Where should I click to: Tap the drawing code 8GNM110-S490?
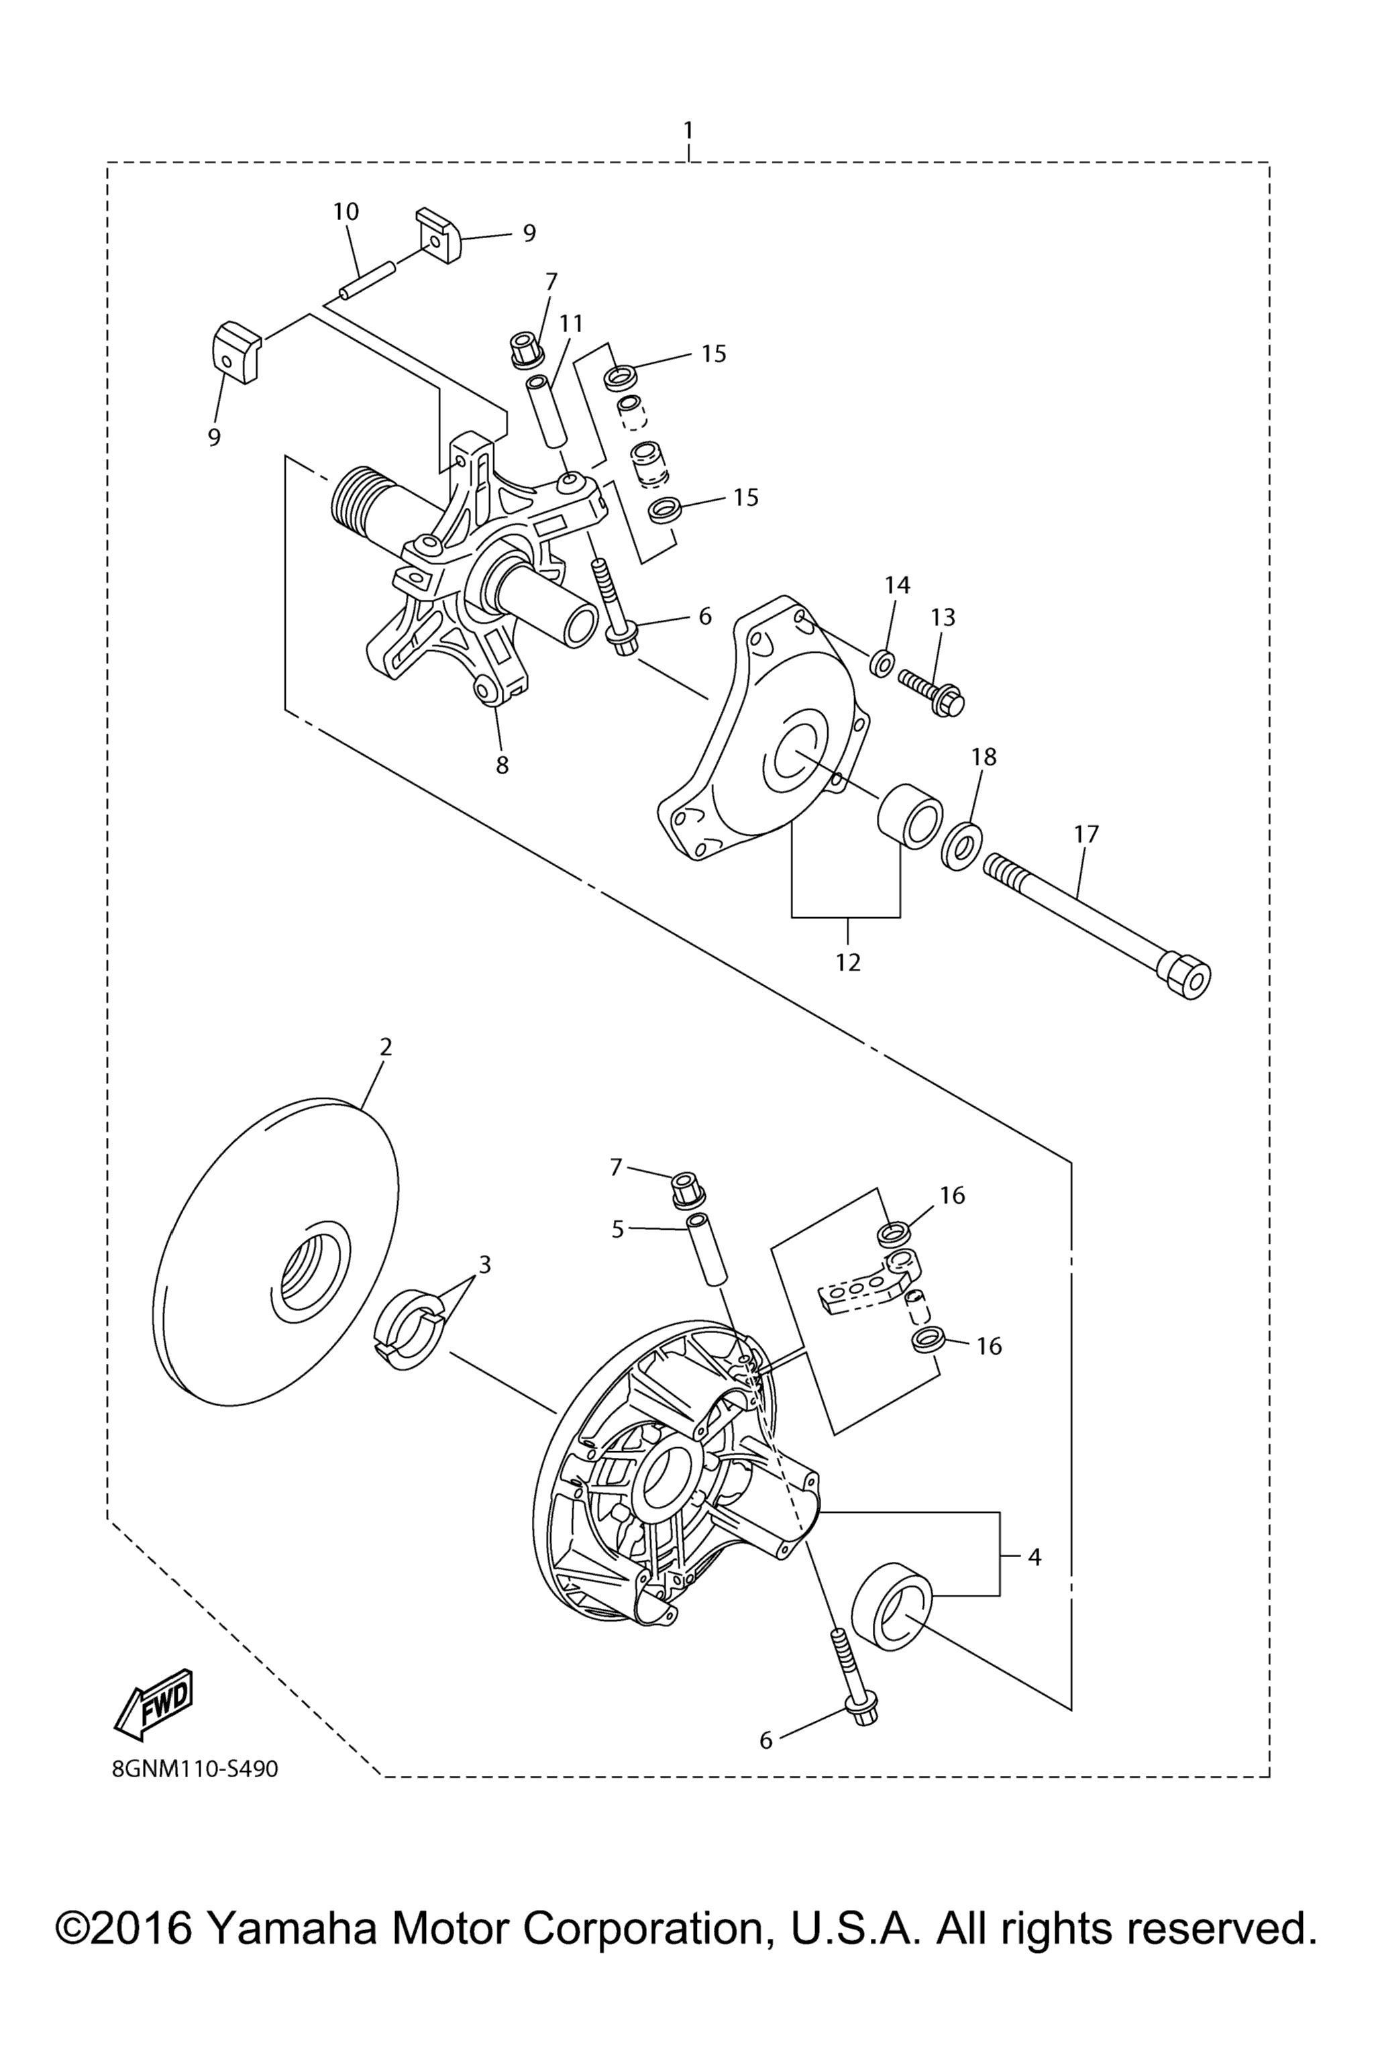[195, 1769]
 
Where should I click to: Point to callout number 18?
[984, 756]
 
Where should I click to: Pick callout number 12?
[848, 962]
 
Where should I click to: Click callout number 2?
[386, 1047]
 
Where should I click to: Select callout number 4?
[1035, 1557]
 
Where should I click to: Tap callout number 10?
[346, 211]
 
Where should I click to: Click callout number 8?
[502, 765]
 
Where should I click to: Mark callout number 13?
[943, 617]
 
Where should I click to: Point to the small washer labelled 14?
[882, 664]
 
